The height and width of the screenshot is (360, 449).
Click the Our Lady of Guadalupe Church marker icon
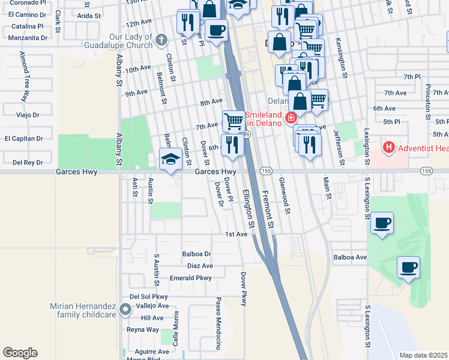160,40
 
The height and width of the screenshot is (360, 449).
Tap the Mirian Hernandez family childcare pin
125,310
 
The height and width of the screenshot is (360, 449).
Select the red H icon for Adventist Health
389,146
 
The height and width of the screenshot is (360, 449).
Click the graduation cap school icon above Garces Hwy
170,160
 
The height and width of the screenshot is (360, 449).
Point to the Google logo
20,352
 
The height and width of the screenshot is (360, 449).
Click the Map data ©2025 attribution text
424,355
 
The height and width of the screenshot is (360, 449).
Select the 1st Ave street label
237,234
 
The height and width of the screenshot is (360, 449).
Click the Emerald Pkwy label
191,278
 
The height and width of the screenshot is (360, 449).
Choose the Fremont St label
268,206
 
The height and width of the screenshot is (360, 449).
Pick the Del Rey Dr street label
28,162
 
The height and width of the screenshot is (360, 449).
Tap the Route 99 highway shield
246,134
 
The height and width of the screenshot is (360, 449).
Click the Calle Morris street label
176,329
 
